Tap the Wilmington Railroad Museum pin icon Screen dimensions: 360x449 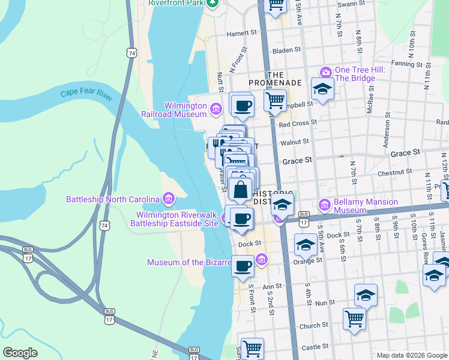tap(216, 108)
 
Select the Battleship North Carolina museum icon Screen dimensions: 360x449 tap(168, 199)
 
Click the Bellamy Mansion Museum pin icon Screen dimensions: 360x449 tap(325, 205)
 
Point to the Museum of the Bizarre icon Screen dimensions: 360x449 tap(261, 259)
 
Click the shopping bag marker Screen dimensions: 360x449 tap(240, 189)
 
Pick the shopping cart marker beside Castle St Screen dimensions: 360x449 tap(252, 347)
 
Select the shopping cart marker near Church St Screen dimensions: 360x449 tap(354, 318)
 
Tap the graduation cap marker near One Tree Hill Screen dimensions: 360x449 tap(322, 89)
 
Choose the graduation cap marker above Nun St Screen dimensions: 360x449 tap(366, 295)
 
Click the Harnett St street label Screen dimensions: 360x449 tap(242, 34)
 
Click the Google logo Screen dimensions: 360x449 tap(20, 353)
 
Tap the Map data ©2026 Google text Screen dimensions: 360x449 tap(412, 355)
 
